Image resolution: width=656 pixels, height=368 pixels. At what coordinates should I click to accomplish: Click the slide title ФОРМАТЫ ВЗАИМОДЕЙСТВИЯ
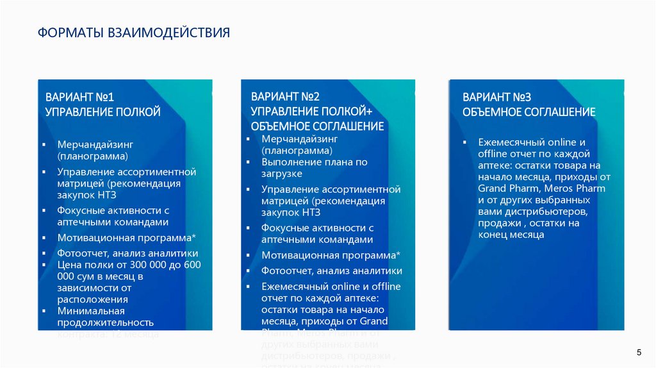133,33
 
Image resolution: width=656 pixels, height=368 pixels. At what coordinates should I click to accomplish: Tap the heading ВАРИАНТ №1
79,97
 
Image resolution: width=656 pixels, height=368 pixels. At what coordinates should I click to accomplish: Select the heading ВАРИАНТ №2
285,97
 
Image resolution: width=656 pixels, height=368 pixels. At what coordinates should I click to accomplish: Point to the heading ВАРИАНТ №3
497,97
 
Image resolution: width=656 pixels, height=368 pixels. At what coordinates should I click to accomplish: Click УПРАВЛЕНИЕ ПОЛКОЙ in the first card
102,112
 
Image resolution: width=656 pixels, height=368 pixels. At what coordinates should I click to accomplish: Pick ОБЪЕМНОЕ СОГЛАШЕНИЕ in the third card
529,112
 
